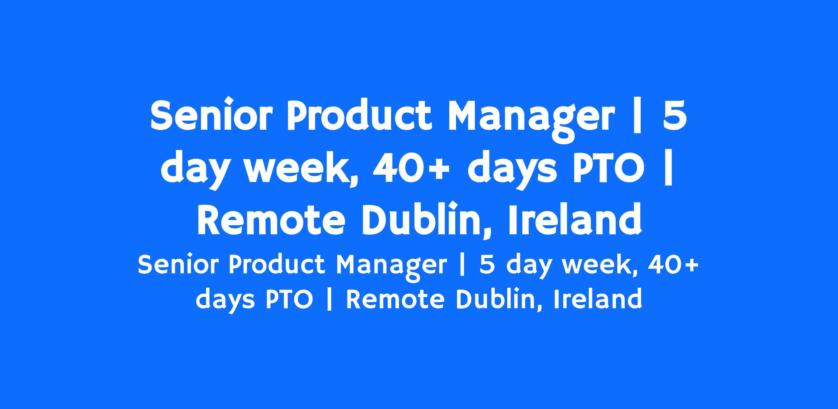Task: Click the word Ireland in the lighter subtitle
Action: [x=598, y=299]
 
